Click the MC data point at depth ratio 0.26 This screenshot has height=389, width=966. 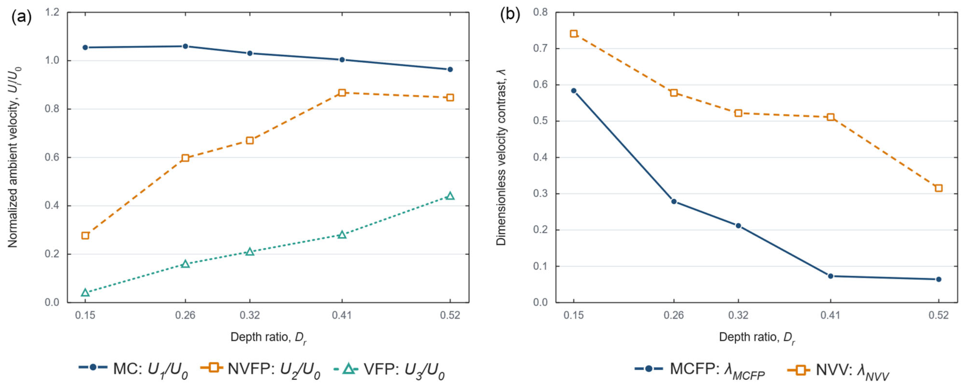pyautogui.click(x=185, y=46)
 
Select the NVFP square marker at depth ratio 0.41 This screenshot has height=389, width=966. pyautogui.click(x=342, y=93)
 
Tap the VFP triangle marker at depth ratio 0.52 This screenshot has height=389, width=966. pyautogui.click(x=450, y=196)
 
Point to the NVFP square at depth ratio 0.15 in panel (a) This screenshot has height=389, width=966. pyautogui.click(x=85, y=235)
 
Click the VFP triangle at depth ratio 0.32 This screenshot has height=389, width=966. pyautogui.click(x=250, y=252)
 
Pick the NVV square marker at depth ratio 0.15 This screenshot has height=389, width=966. pyautogui.click(x=574, y=34)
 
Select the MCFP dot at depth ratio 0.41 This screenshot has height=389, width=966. pyautogui.click(x=831, y=276)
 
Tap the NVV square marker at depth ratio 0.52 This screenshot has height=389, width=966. pyautogui.click(x=939, y=188)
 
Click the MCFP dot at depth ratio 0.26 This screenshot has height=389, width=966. pyautogui.click(x=674, y=201)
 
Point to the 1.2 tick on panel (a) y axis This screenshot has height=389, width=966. pyautogui.click(x=52, y=12)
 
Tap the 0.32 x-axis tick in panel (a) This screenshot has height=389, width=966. pyautogui.click(x=250, y=315)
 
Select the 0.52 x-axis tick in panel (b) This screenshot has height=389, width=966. pyautogui.click(x=939, y=315)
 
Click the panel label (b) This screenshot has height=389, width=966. pyautogui.click(x=510, y=15)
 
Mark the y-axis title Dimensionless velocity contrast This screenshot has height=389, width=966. pyautogui.click(x=501, y=157)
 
